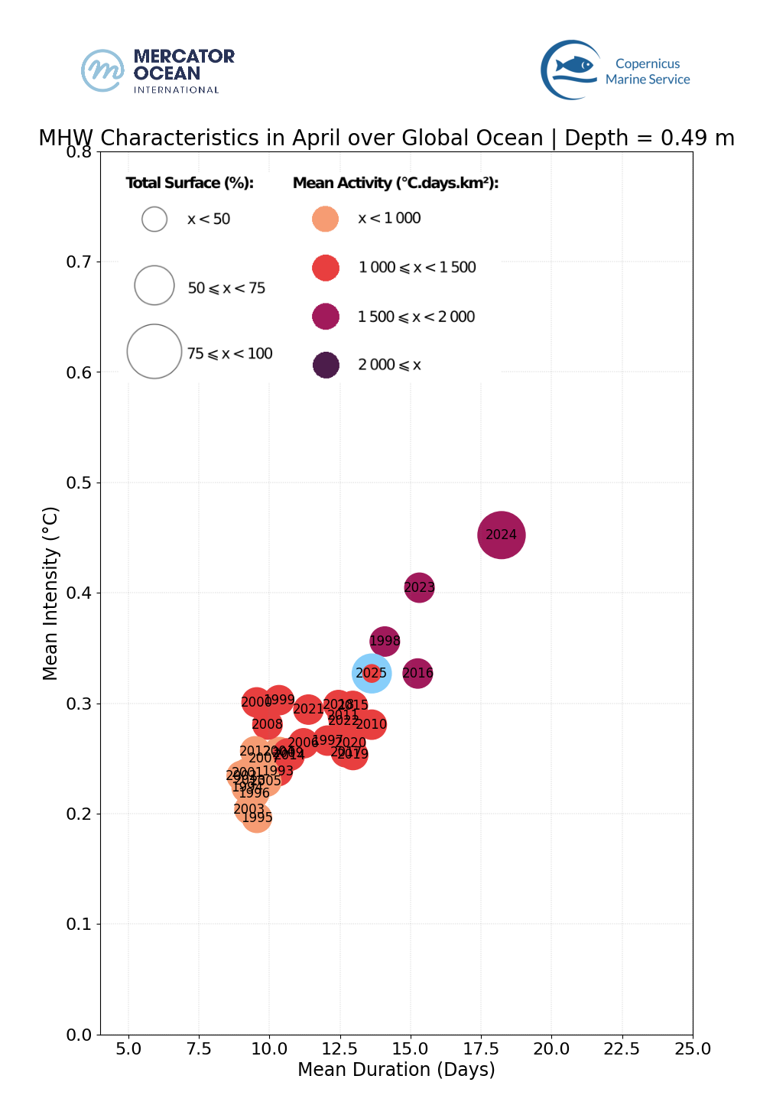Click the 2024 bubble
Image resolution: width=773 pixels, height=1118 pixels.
click(x=501, y=535)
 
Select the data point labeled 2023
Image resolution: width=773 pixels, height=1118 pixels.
click(x=419, y=587)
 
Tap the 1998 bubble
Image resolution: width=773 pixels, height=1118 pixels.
click(x=385, y=641)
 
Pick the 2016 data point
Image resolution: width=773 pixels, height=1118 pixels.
click(x=417, y=673)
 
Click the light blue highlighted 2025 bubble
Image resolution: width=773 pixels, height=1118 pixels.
click(x=372, y=673)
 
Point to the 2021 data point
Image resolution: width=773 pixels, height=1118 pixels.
click(x=308, y=709)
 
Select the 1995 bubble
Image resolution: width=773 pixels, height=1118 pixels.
click(x=257, y=817)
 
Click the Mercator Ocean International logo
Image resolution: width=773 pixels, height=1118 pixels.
click(x=158, y=71)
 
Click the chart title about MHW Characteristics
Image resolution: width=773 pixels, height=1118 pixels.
click(x=386, y=138)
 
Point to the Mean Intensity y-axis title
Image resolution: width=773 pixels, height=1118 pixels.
click(x=50, y=593)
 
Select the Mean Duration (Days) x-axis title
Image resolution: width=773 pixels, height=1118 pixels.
click(x=396, y=1069)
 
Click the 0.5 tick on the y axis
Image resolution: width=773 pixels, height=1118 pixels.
click(x=79, y=483)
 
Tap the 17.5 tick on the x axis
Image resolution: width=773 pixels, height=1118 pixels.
click(x=482, y=1048)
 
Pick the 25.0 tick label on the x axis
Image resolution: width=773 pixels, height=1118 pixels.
click(x=692, y=1048)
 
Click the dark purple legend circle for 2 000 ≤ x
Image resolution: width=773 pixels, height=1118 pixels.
click(x=326, y=365)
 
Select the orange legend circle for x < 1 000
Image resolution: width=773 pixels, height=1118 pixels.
click(x=326, y=219)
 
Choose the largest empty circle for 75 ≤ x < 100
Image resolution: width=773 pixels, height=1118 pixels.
click(x=154, y=352)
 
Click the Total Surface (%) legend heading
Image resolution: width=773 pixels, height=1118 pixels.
click(x=190, y=183)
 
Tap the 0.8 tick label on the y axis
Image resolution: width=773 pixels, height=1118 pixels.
click(x=79, y=152)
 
